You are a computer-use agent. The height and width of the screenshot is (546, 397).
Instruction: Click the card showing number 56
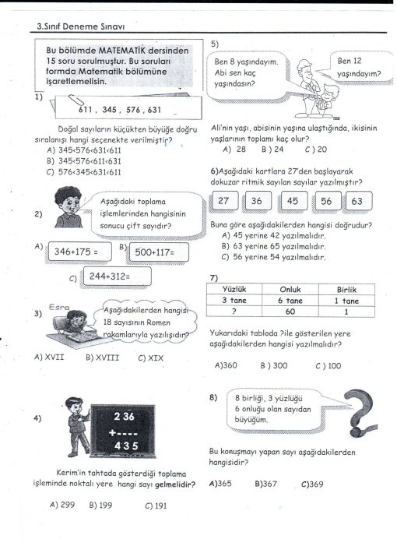tap(328, 201)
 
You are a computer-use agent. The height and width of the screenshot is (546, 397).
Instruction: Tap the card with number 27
tap(225, 201)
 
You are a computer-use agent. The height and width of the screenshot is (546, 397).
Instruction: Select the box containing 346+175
tap(79, 252)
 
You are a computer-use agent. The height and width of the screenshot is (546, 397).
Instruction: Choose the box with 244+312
tap(118, 277)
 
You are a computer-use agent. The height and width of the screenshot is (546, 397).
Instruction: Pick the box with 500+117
tap(159, 252)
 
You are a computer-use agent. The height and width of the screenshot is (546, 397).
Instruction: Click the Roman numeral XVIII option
tap(102, 358)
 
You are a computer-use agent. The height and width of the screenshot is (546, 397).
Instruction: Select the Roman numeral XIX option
tap(150, 358)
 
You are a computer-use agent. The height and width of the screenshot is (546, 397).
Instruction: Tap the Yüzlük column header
tap(234, 290)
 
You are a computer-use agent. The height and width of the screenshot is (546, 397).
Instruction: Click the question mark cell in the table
tap(234, 312)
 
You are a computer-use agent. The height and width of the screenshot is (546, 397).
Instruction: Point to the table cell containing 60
tap(290, 312)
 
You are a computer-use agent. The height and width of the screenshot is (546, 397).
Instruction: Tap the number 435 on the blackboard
tap(126, 446)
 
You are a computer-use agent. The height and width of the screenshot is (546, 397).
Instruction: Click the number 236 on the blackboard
tap(125, 416)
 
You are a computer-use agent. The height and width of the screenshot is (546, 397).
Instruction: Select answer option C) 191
tap(156, 505)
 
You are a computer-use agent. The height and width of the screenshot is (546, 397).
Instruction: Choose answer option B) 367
tap(265, 484)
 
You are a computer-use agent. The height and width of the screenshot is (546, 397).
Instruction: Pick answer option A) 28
tap(234, 150)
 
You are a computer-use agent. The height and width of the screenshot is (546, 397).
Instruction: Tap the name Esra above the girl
tap(59, 307)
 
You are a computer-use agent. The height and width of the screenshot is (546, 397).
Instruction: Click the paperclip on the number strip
tap(76, 100)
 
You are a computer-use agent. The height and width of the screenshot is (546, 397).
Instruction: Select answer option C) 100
tap(328, 366)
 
